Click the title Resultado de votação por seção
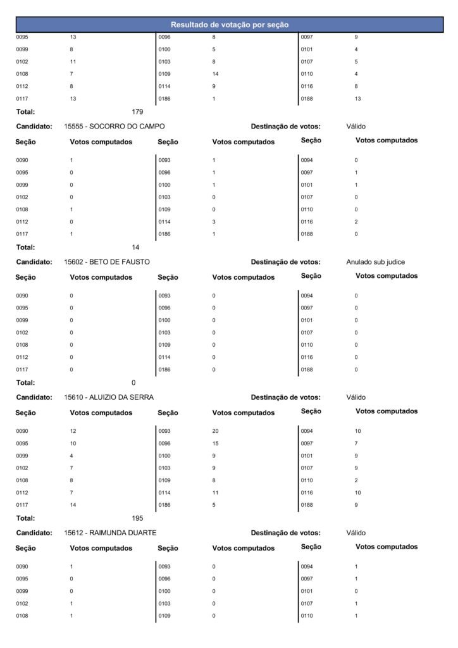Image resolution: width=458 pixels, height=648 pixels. tap(230, 25)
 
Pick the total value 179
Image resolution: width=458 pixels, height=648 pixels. tap(137, 112)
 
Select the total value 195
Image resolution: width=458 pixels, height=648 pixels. tap(137, 518)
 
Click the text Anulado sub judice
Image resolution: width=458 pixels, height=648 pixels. tap(375, 262)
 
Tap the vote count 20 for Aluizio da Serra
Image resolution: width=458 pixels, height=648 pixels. tap(216, 431)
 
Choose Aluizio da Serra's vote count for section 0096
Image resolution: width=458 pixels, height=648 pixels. tap(216, 444)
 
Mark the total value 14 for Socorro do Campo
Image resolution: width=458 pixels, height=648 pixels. tap(135, 247)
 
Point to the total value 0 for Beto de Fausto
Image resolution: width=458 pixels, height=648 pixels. tap(133, 383)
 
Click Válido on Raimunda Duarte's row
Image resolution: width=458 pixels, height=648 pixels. tap(356, 533)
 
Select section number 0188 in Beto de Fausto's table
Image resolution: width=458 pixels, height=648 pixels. tap(307, 370)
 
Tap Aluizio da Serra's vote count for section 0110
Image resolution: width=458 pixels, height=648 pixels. tap(356, 480)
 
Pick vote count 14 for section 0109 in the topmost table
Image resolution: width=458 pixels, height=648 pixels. tap(216, 74)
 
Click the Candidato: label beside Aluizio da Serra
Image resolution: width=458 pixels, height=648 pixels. tap(34, 397)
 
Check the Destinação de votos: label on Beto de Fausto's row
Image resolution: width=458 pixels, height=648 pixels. tap(285, 262)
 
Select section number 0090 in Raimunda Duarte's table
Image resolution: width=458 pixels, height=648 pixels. tap(22, 566)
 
